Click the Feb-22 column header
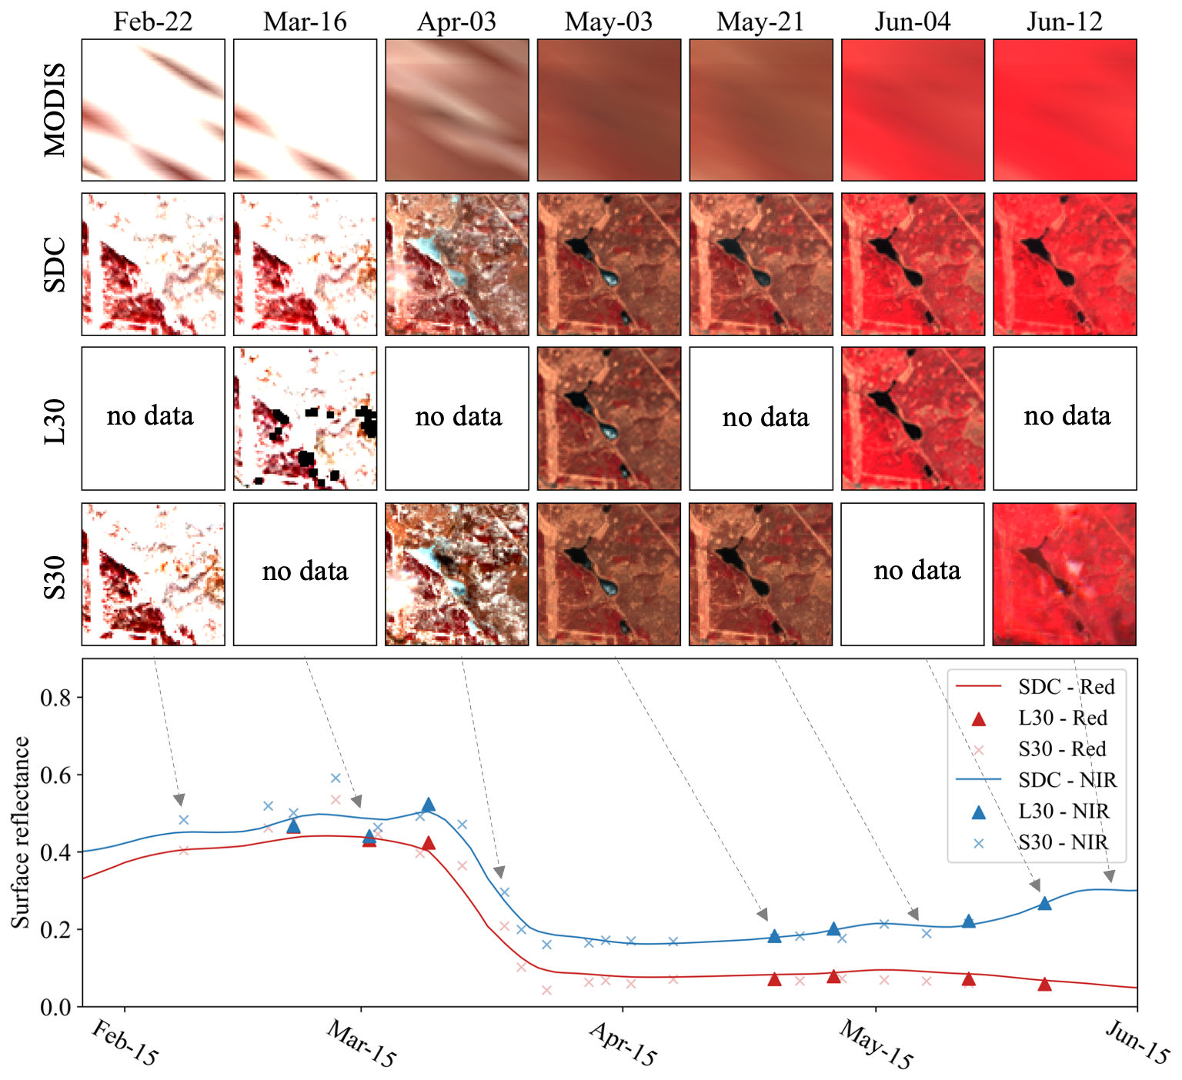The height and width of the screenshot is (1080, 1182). (152, 21)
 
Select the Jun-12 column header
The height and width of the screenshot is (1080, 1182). (1064, 21)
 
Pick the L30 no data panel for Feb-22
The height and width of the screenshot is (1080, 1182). (153, 418)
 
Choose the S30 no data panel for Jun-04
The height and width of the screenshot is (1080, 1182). (913, 574)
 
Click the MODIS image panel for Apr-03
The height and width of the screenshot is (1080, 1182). (457, 111)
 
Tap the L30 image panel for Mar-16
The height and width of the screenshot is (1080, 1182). (306, 418)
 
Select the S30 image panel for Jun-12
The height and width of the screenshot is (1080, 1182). (1064, 574)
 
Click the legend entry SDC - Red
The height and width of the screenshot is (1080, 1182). (1066, 687)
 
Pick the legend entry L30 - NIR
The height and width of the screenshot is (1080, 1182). (1063, 812)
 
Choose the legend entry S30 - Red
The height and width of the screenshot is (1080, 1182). (1062, 749)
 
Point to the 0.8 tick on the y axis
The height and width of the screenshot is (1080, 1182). (55, 698)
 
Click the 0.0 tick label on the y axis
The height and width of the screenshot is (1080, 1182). (55, 1007)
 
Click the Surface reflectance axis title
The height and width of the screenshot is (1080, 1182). (21, 832)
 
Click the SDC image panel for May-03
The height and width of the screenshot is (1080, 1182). (609, 265)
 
